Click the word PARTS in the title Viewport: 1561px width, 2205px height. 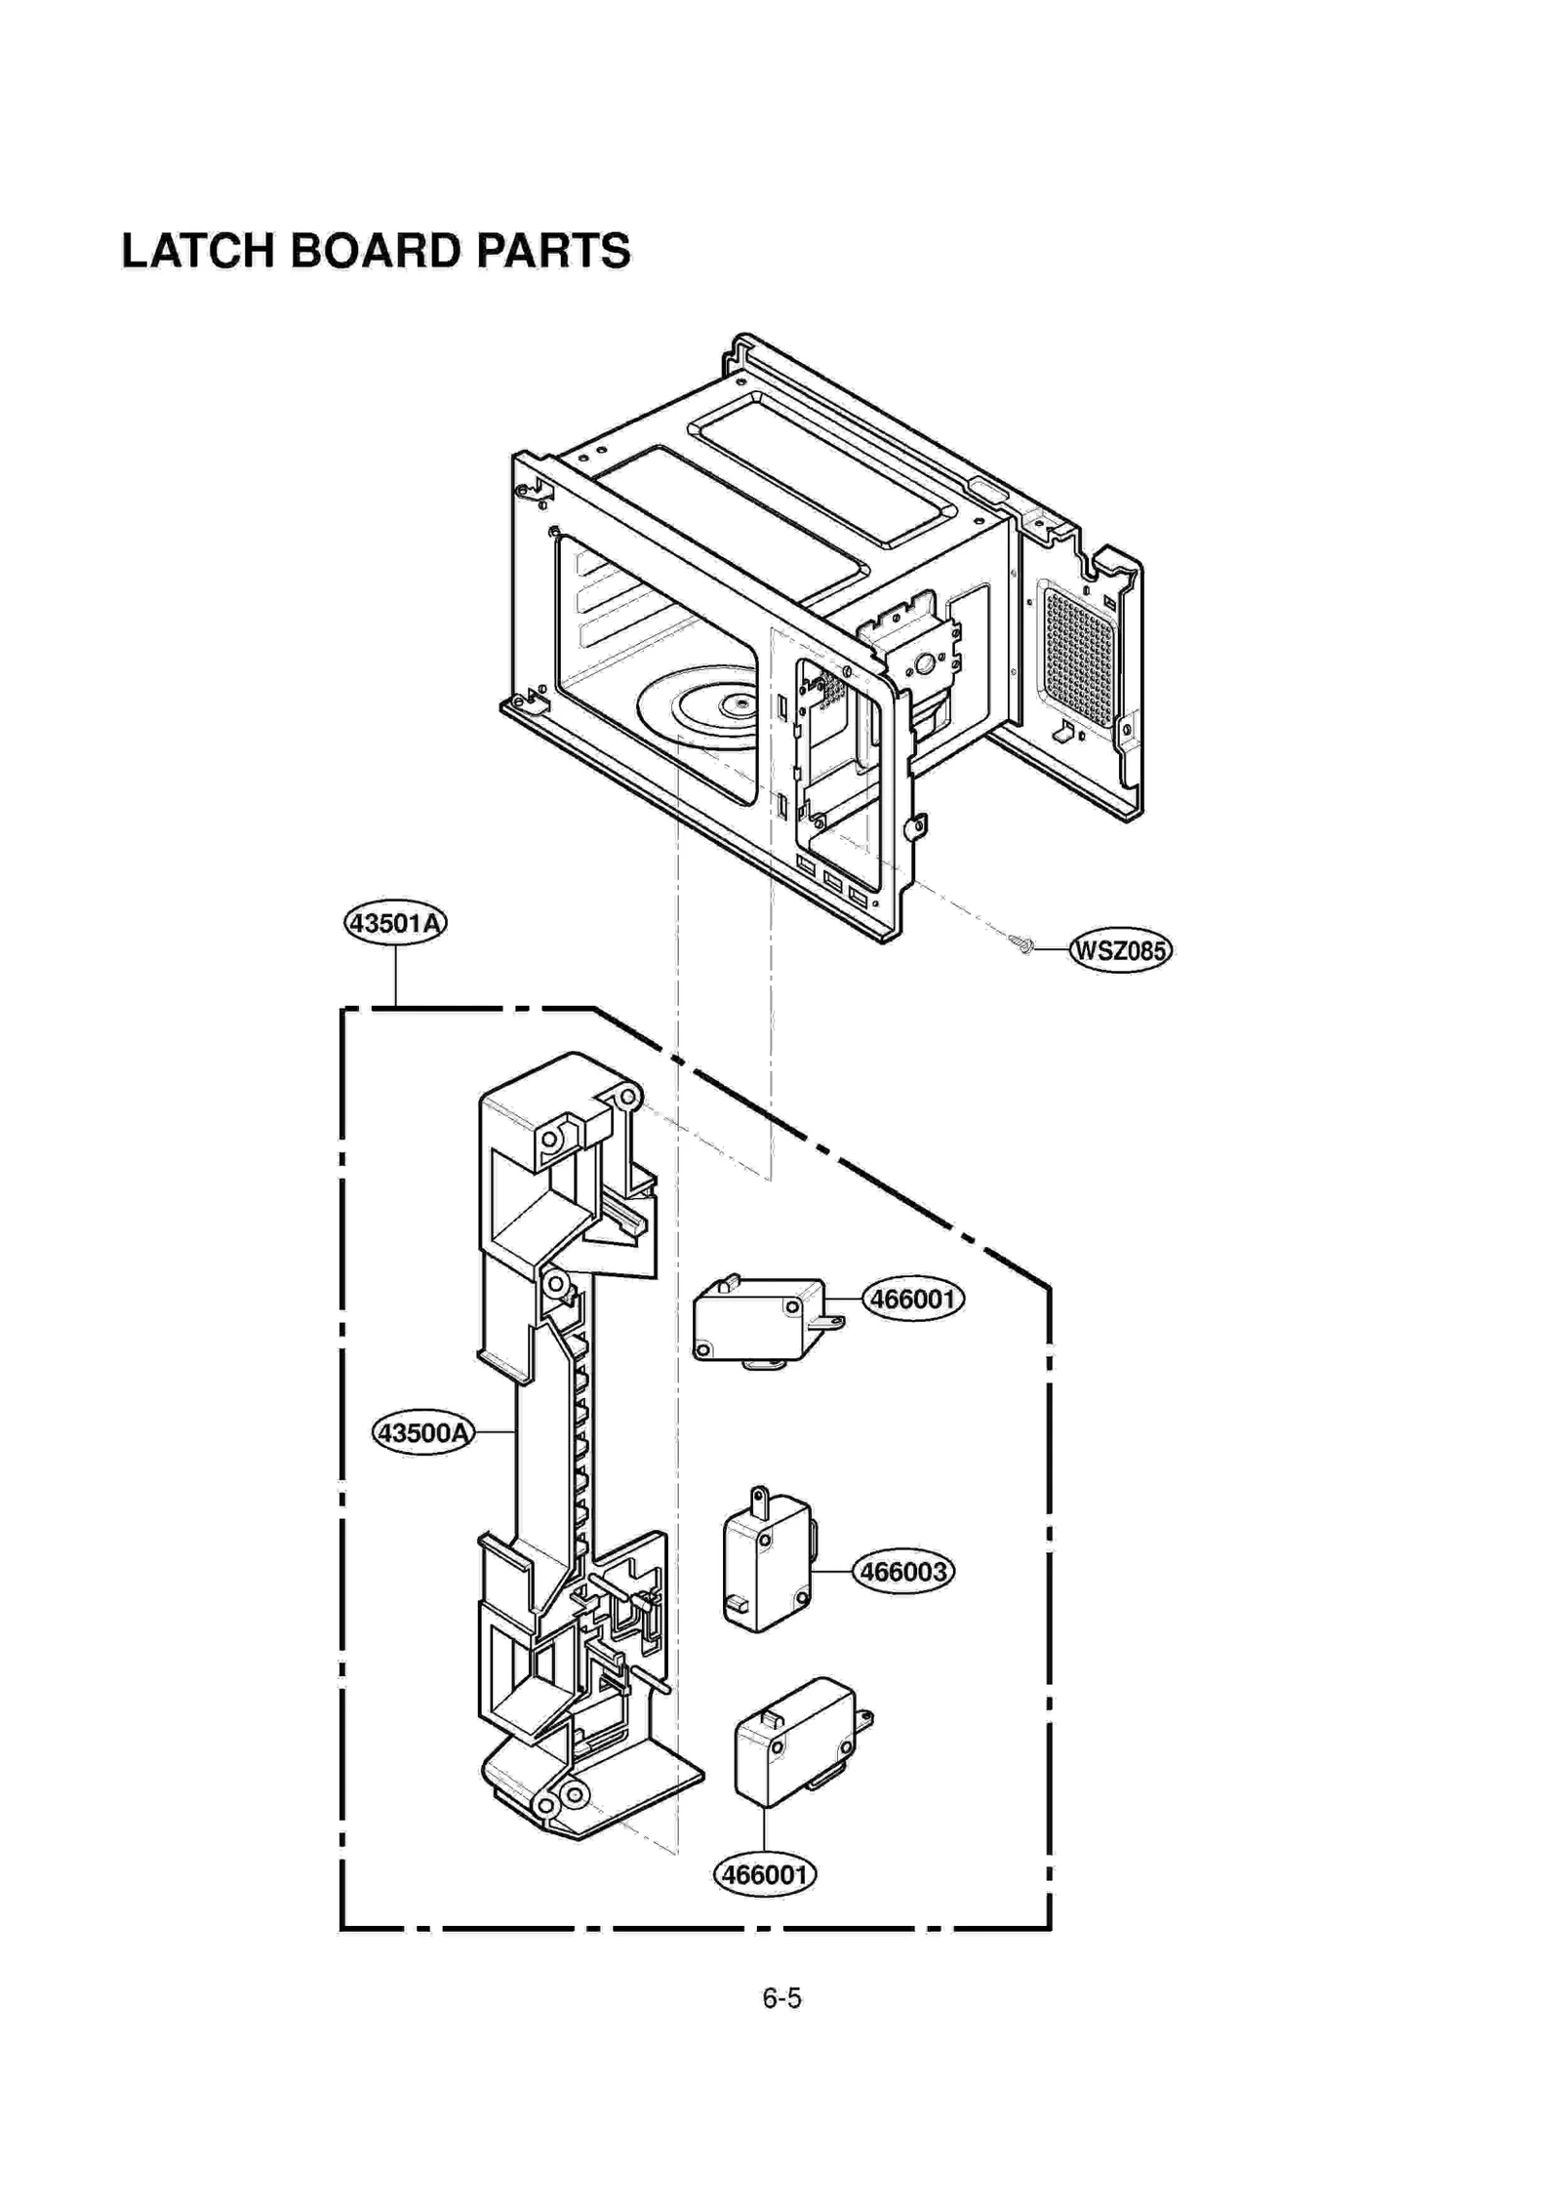(553, 251)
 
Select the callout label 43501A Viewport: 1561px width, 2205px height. (395, 922)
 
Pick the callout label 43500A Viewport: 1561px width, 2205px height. (423, 1433)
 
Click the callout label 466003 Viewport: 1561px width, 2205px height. (903, 1572)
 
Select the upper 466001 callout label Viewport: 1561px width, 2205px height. (912, 1299)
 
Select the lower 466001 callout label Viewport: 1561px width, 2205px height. (765, 1874)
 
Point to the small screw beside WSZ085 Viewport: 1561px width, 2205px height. (1022, 942)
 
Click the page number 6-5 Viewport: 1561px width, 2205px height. (781, 1998)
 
